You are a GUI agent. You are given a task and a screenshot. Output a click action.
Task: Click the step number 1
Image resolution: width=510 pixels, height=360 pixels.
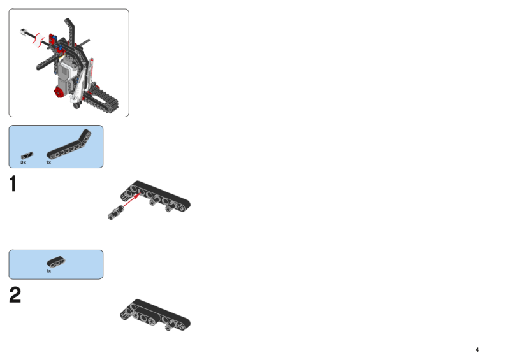pyautogui.click(x=13, y=184)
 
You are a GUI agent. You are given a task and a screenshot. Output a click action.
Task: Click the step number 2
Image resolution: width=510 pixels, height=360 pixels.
pyautogui.click(x=15, y=295)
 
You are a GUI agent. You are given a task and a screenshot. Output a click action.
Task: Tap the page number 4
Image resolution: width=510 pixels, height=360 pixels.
pyautogui.click(x=477, y=350)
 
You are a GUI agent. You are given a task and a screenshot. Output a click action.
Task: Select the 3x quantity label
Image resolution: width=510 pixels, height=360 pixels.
pyautogui.click(x=23, y=162)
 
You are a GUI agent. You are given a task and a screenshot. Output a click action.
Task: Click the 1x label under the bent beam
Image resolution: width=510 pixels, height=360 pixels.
pyautogui.click(x=48, y=162)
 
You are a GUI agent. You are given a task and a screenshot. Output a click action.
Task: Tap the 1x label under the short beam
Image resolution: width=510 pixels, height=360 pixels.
pyautogui.click(x=49, y=271)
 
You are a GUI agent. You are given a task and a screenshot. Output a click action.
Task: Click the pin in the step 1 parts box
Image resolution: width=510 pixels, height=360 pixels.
pyautogui.click(x=27, y=155)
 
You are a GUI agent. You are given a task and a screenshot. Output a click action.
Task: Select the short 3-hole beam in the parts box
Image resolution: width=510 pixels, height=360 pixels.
pyautogui.click(x=56, y=262)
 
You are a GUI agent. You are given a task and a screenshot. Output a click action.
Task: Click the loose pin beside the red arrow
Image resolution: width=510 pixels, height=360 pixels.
pyautogui.click(x=115, y=213)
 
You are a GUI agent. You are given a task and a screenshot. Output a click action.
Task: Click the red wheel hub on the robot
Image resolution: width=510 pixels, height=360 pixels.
pyautogui.click(x=59, y=92)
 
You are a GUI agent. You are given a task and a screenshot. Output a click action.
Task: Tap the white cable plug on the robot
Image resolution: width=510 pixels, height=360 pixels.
pyautogui.click(x=23, y=32)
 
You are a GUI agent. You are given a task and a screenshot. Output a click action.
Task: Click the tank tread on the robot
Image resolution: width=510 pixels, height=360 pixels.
pyautogui.click(x=101, y=99)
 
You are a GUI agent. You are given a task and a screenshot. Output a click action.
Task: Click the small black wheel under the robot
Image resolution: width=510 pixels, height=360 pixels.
pyautogui.click(x=76, y=105)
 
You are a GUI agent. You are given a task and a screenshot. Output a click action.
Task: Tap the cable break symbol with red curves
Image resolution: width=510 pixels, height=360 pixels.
pyautogui.click(x=38, y=40)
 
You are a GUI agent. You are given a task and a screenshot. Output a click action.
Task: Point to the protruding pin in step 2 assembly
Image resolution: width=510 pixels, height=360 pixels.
pyautogui.click(x=168, y=327)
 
